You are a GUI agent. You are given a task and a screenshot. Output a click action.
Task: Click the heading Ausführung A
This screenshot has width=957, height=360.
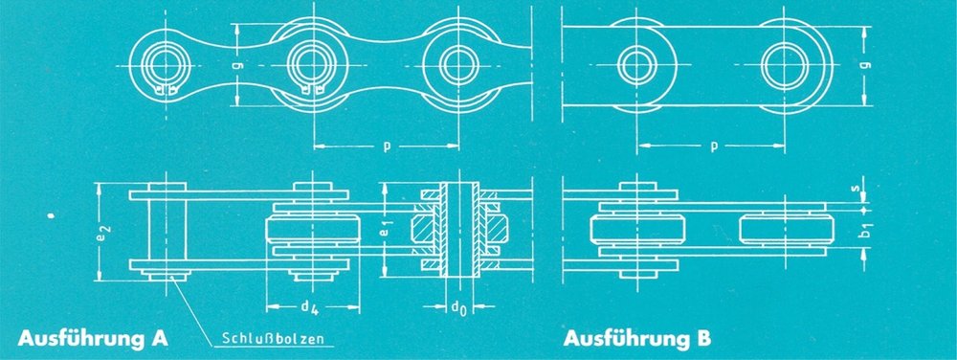[x=93, y=338]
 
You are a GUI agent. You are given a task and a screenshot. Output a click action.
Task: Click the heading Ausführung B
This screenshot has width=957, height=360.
[x=637, y=338]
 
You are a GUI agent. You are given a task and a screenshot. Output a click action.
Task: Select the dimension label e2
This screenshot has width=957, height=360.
[x=102, y=232]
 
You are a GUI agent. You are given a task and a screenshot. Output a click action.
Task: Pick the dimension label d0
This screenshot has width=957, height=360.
[x=459, y=306]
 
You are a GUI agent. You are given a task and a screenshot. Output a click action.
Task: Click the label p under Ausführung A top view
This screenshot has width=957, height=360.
[x=386, y=147]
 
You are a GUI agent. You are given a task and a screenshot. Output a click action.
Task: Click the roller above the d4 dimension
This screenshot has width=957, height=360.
[x=313, y=230]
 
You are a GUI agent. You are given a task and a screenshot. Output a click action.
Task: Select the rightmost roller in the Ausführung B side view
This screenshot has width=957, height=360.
[x=786, y=230]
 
